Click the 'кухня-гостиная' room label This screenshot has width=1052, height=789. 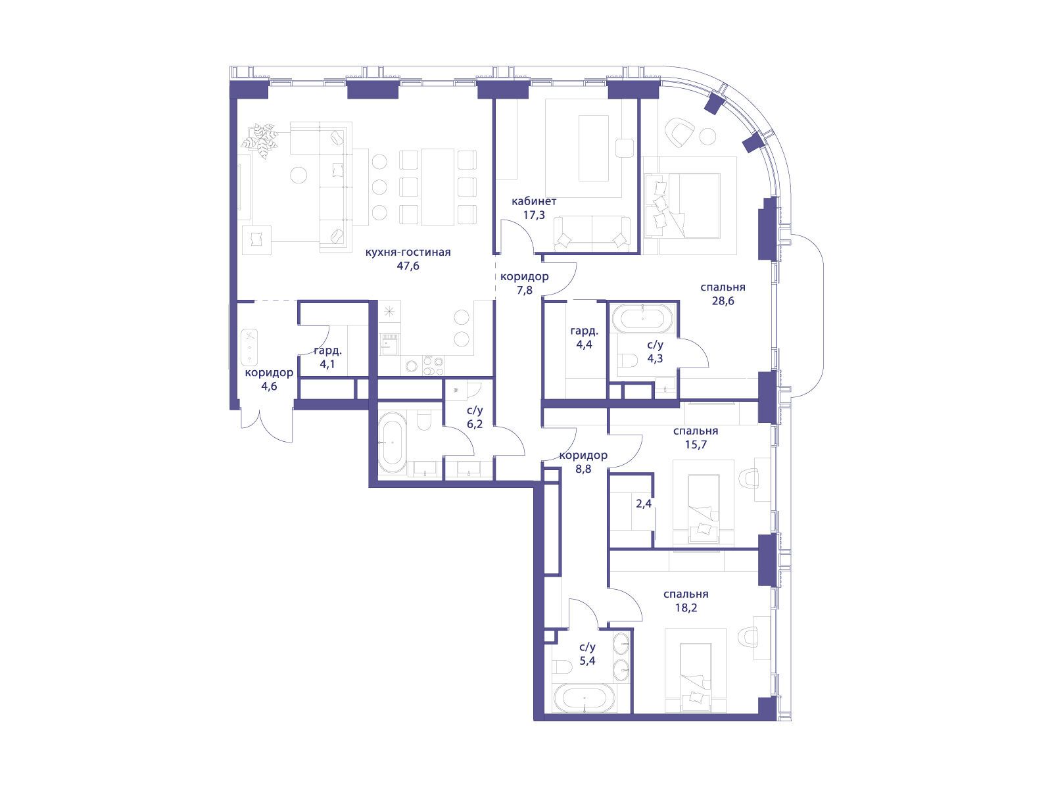click(408, 252)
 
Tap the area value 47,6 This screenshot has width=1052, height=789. click(408, 266)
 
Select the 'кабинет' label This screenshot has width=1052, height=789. click(534, 201)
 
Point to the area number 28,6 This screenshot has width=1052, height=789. click(723, 301)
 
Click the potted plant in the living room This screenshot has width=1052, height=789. click(260, 140)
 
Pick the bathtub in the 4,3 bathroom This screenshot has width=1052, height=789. click(643, 318)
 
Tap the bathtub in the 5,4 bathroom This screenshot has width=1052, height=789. click(585, 698)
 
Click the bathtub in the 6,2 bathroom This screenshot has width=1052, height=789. click(393, 443)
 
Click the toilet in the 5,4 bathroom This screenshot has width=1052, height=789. click(562, 667)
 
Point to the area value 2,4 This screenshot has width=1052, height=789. click(644, 504)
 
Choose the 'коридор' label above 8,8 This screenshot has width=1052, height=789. click(583, 455)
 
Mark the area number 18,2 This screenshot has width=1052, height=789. click(686, 608)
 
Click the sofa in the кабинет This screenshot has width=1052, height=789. click(592, 233)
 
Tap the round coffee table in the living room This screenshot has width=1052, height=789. click(299, 174)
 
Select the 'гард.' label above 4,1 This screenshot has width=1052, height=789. click(328, 350)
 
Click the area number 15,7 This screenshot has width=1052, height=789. click(696, 444)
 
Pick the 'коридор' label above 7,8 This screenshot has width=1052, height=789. click(524, 276)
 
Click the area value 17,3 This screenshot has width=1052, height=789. click(534, 214)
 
